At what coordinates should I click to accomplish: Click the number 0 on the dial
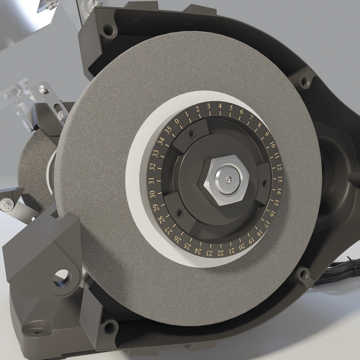coord(177,121)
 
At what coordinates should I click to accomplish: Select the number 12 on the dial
coord(279,167)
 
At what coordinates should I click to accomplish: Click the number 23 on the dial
coord(209,253)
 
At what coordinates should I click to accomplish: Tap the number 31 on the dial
coord(151,181)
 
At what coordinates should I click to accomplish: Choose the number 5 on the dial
coord(231,107)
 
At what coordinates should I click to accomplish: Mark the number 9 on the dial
coord(266,134)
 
